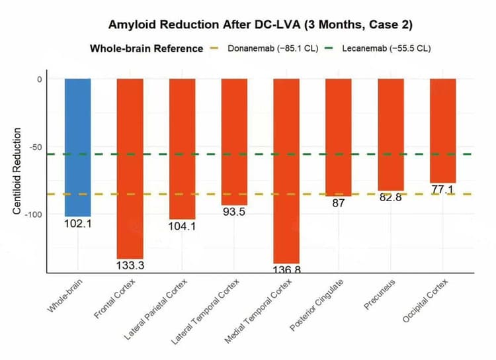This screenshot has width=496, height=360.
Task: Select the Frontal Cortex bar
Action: [x=130, y=168]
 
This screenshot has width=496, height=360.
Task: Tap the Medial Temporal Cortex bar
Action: [x=286, y=171]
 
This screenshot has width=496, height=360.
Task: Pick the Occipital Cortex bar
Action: [x=442, y=130]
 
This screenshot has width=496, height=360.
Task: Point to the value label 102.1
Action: [x=77, y=224]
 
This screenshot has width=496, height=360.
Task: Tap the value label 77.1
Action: [x=442, y=190]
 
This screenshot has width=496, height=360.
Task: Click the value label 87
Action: [x=339, y=203]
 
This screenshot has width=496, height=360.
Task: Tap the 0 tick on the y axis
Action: [x=39, y=79]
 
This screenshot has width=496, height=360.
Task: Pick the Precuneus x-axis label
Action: [x=380, y=296]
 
